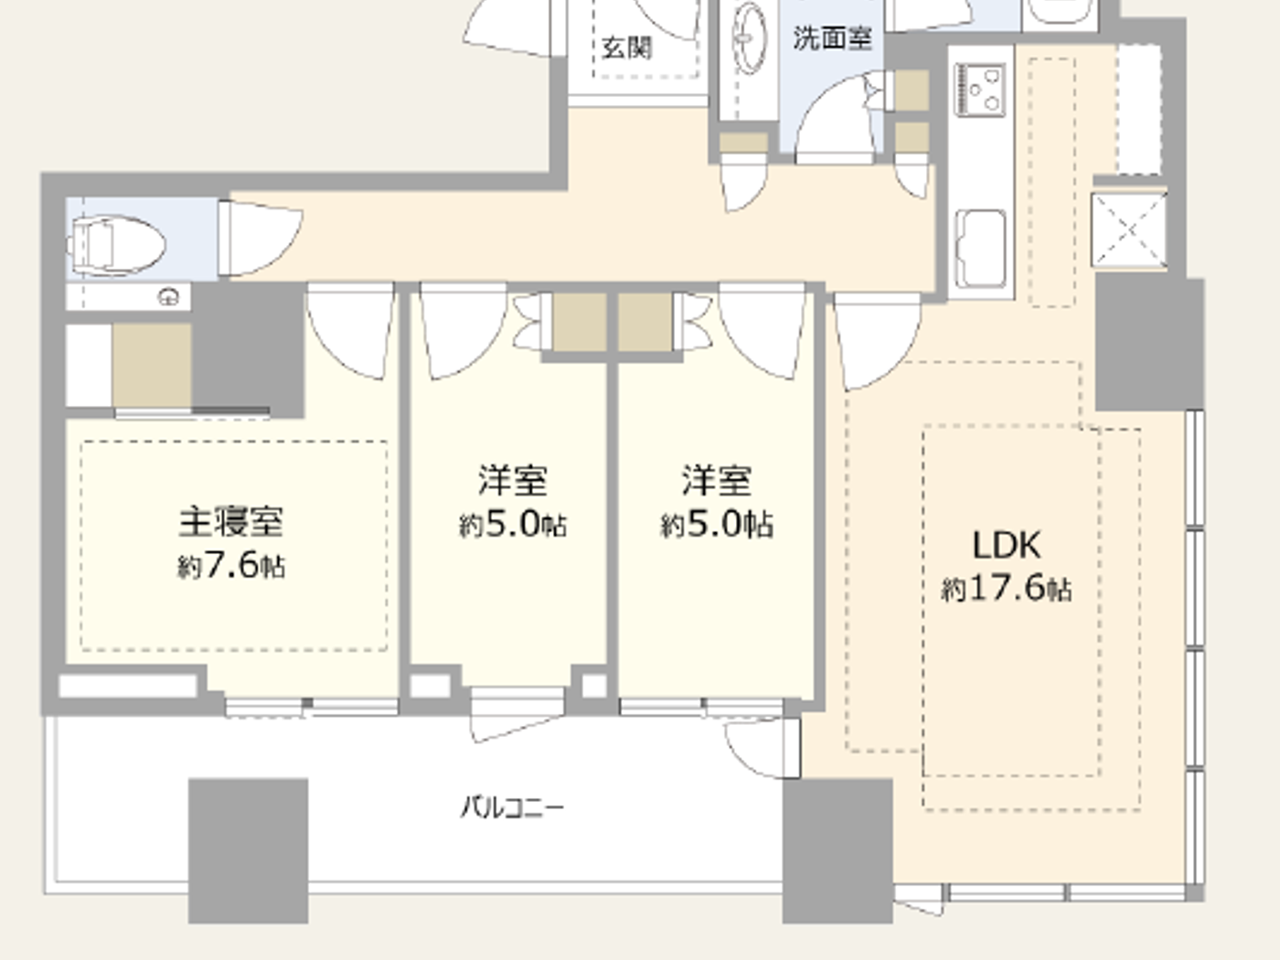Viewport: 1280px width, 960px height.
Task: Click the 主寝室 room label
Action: coord(230,522)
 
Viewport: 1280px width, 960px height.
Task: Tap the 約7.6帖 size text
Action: coord(231,566)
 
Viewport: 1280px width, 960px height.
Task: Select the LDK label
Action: coord(1006,545)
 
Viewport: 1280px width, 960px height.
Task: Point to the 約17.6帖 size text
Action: coord(1006,588)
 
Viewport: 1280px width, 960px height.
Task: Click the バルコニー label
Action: coord(512,807)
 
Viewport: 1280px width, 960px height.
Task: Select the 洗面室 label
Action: coord(832,38)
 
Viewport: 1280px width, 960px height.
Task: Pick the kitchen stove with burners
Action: coord(980,90)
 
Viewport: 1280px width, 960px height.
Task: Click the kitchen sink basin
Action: coord(980,248)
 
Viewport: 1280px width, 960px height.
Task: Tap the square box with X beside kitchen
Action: coord(1129,229)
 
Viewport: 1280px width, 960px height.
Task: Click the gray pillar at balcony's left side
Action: coord(248,850)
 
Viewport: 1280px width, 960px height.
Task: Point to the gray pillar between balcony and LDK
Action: coord(837,850)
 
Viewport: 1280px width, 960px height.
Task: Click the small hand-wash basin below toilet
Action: coord(169,296)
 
